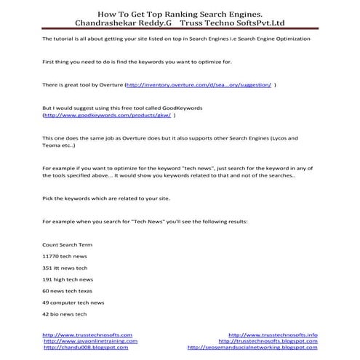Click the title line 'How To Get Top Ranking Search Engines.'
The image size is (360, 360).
pos(180,12)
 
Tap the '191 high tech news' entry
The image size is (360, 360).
pos(68,279)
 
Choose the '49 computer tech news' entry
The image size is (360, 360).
pos(73,302)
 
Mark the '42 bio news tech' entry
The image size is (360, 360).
pos(65,313)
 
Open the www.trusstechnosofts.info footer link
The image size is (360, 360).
pos(273,335)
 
